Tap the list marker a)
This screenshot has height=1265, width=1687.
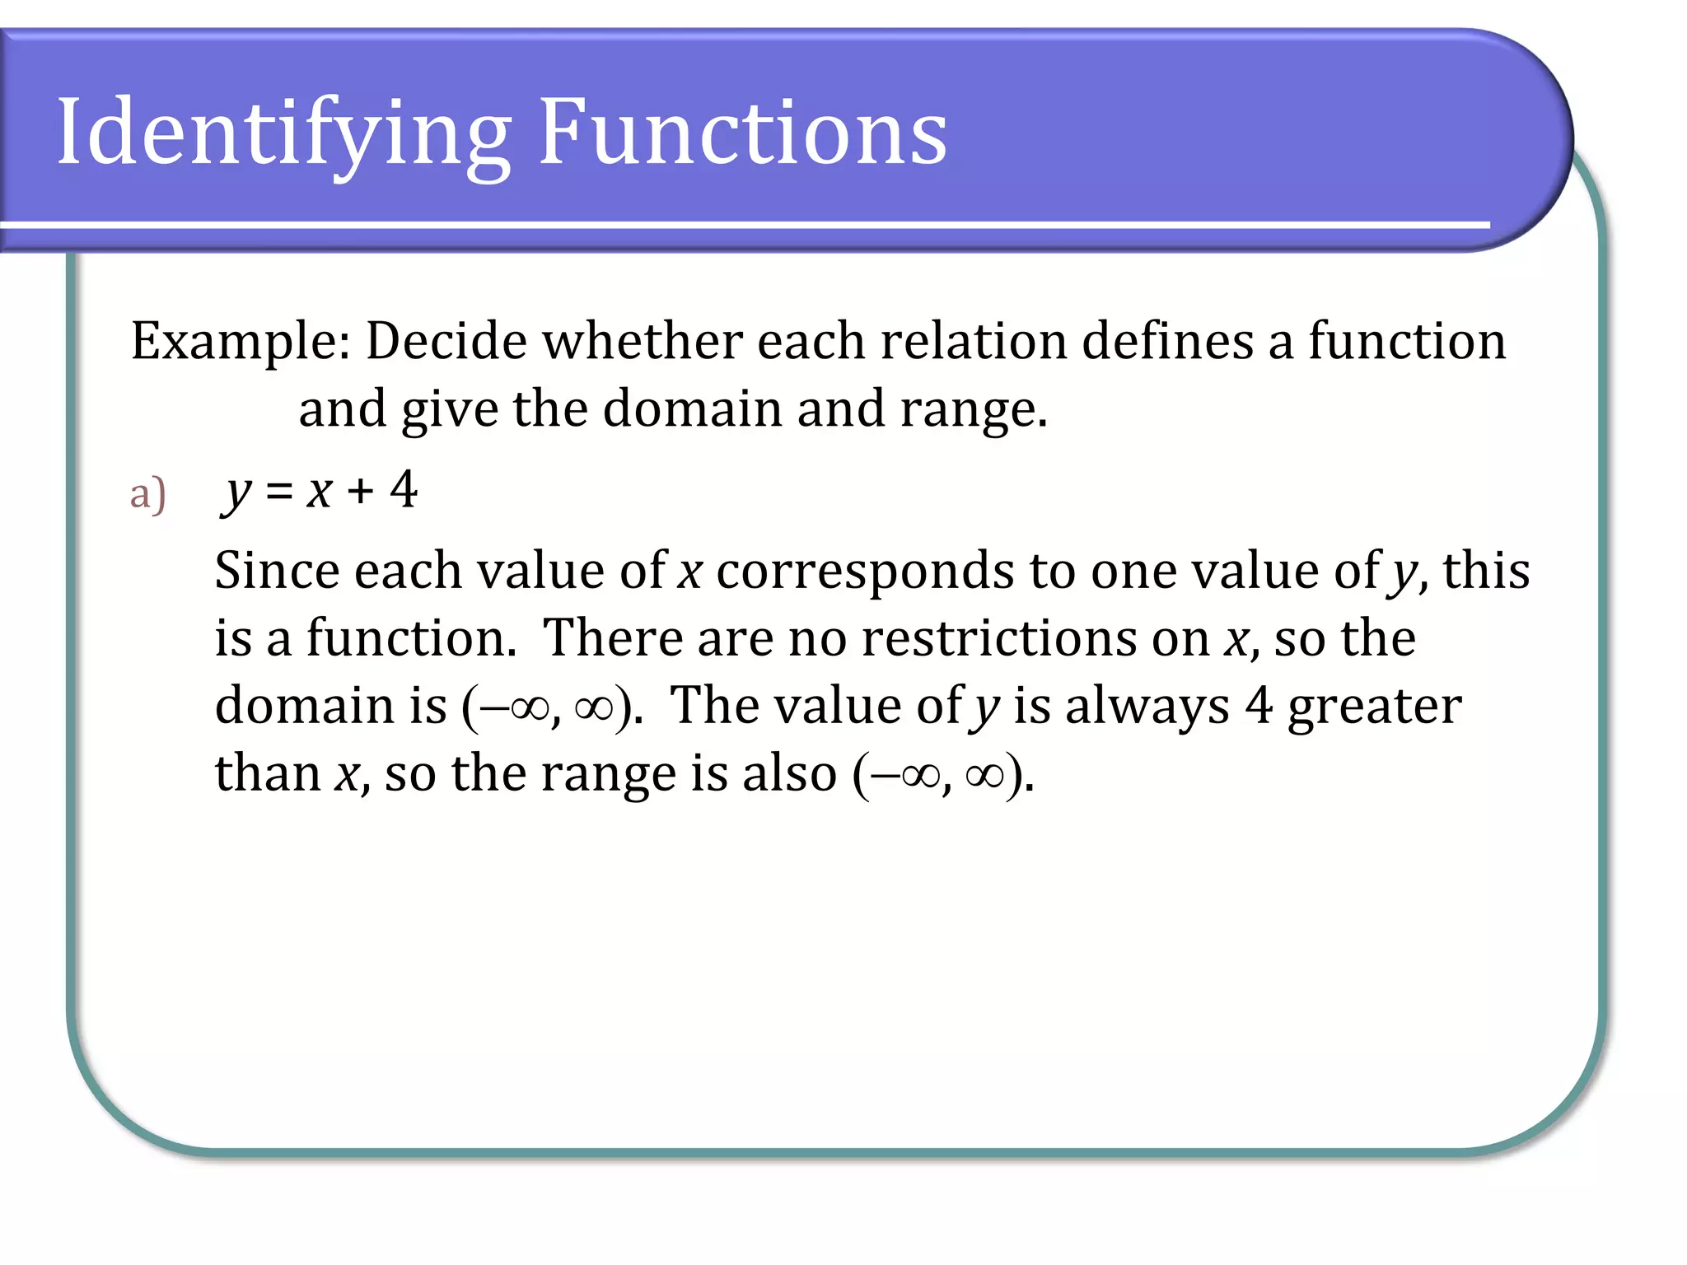[x=148, y=494]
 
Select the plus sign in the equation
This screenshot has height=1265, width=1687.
[x=360, y=492]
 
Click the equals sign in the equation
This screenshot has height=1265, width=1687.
[x=279, y=492]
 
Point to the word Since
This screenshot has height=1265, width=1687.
[x=277, y=570]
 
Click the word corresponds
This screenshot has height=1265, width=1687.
[x=865, y=572]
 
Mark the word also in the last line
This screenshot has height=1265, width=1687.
[x=789, y=773]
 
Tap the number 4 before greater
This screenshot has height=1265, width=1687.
[x=1258, y=706]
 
